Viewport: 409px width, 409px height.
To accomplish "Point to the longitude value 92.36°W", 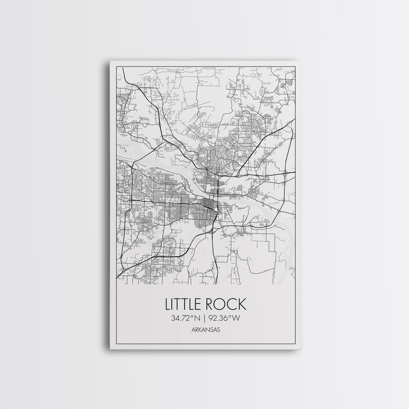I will pos(223,318).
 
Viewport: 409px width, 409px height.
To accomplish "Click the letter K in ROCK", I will pos(242,304).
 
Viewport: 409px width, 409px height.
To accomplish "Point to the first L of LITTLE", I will pos(167,304).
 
